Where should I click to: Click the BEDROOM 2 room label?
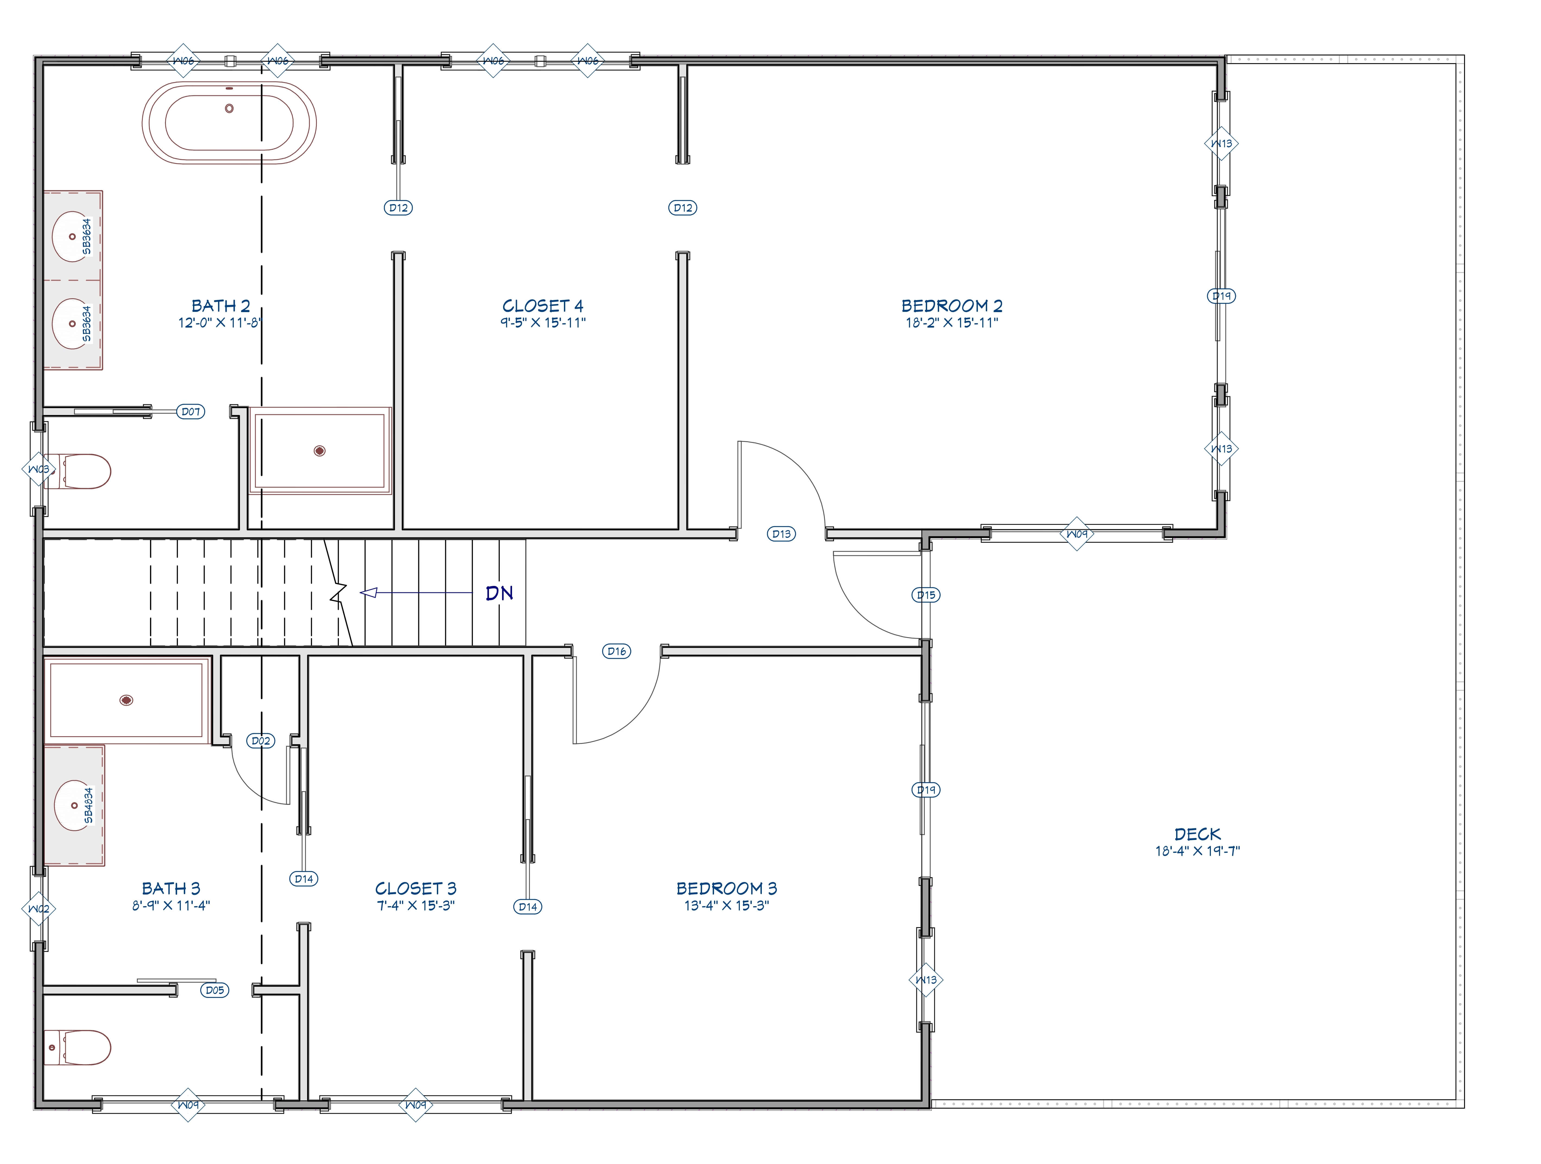tap(952, 306)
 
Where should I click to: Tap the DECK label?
tap(1198, 834)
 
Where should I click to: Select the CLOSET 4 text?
tap(543, 306)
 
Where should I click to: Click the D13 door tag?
tap(782, 534)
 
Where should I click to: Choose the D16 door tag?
tap(617, 651)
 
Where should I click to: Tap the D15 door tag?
tap(926, 595)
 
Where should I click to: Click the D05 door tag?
tap(214, 990)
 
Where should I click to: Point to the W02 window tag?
tap(39, 908)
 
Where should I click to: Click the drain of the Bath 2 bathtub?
tap(229, 108)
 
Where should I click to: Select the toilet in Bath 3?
tap(78, 1048)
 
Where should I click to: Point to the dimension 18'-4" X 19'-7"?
tap(1198, 851)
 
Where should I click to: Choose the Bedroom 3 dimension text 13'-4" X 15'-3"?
tap(727, 906)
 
